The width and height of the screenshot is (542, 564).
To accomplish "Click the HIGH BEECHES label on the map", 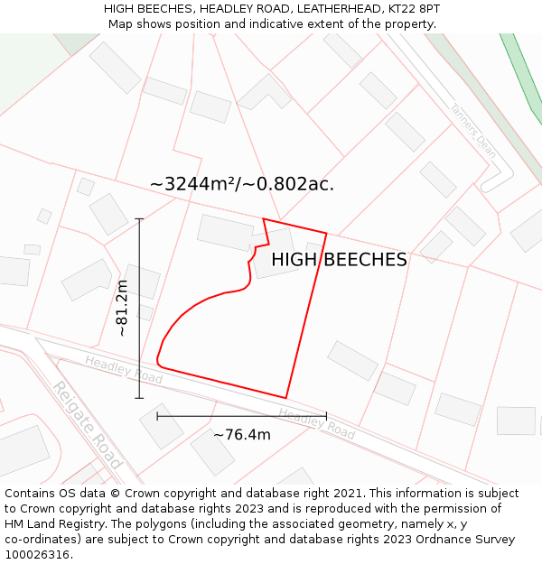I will pos(339,260).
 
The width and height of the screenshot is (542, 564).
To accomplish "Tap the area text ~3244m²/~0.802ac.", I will pos(242,184).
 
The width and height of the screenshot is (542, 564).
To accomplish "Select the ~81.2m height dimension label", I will pos(122,308).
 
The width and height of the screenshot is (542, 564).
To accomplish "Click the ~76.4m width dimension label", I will pos(241,435).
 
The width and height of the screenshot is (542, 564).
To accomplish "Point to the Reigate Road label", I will pos(86,425).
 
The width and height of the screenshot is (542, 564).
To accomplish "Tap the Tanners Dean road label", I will pos(472,130).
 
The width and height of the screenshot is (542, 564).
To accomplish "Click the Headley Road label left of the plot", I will pos(124,369).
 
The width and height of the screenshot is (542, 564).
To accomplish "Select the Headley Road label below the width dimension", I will pos(316,424).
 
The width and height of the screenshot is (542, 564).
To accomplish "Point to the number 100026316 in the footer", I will pos(37,554).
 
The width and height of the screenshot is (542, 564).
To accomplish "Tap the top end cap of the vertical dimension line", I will pos(139,218).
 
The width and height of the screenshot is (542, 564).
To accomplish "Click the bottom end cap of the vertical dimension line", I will pos(139,398).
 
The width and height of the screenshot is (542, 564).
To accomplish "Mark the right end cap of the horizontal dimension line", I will pos(326,416).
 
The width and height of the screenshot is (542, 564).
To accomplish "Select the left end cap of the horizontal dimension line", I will pos(157,416).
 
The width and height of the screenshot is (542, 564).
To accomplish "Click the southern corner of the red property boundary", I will pos(286,397).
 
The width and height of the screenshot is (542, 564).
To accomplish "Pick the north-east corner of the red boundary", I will pos(326,234).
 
